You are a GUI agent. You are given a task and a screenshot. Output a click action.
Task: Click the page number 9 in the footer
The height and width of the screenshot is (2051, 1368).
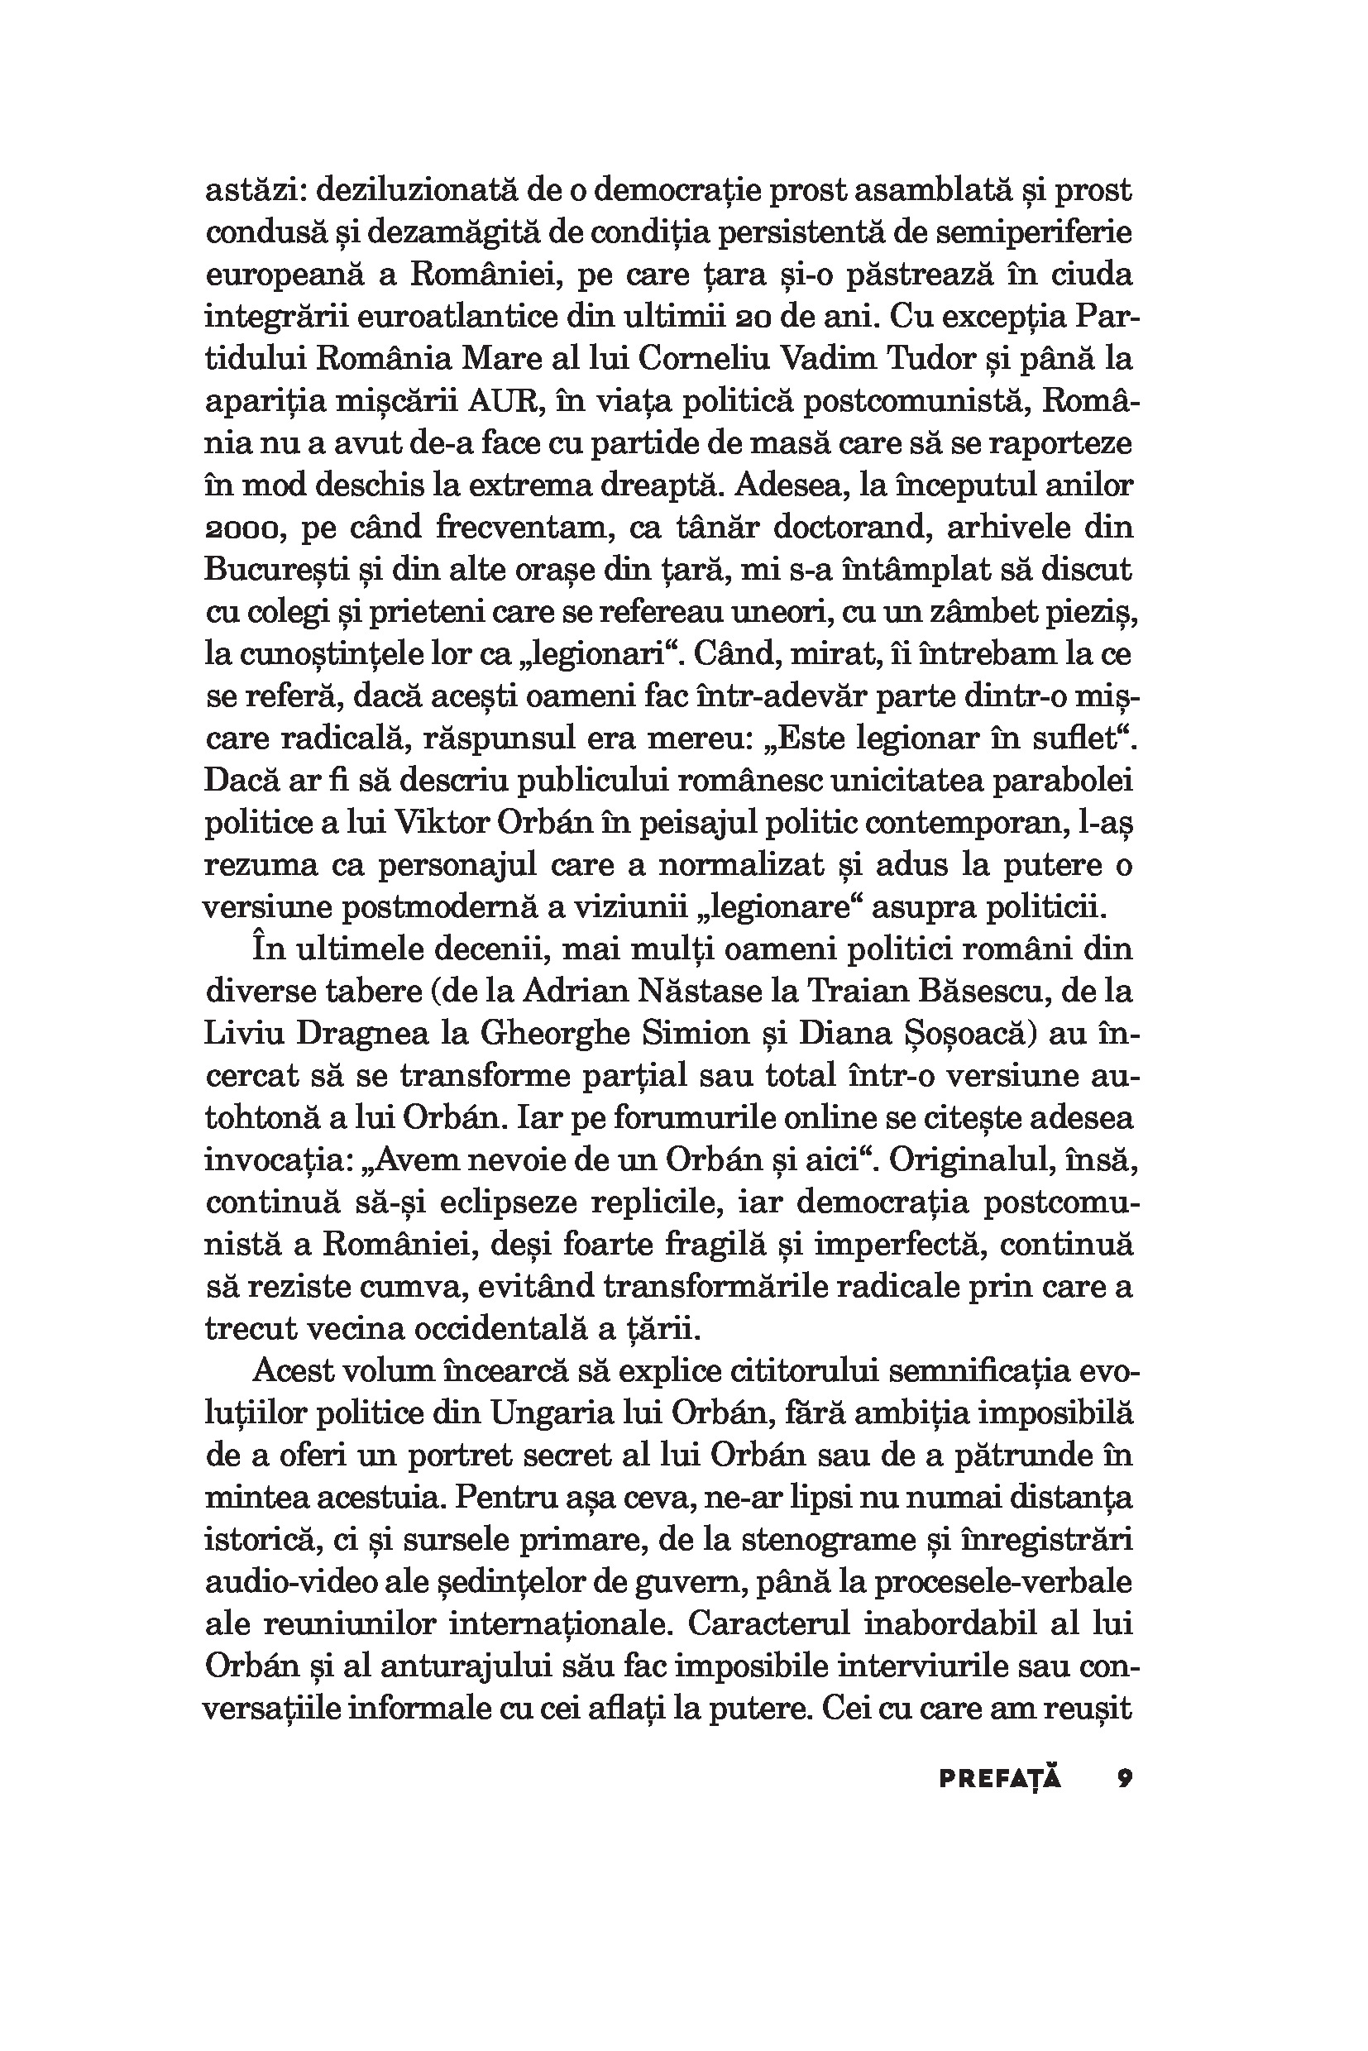[x=1124, y=1779]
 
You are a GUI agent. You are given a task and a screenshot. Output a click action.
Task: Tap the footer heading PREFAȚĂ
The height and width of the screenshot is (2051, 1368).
[x=1000, y=1779]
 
